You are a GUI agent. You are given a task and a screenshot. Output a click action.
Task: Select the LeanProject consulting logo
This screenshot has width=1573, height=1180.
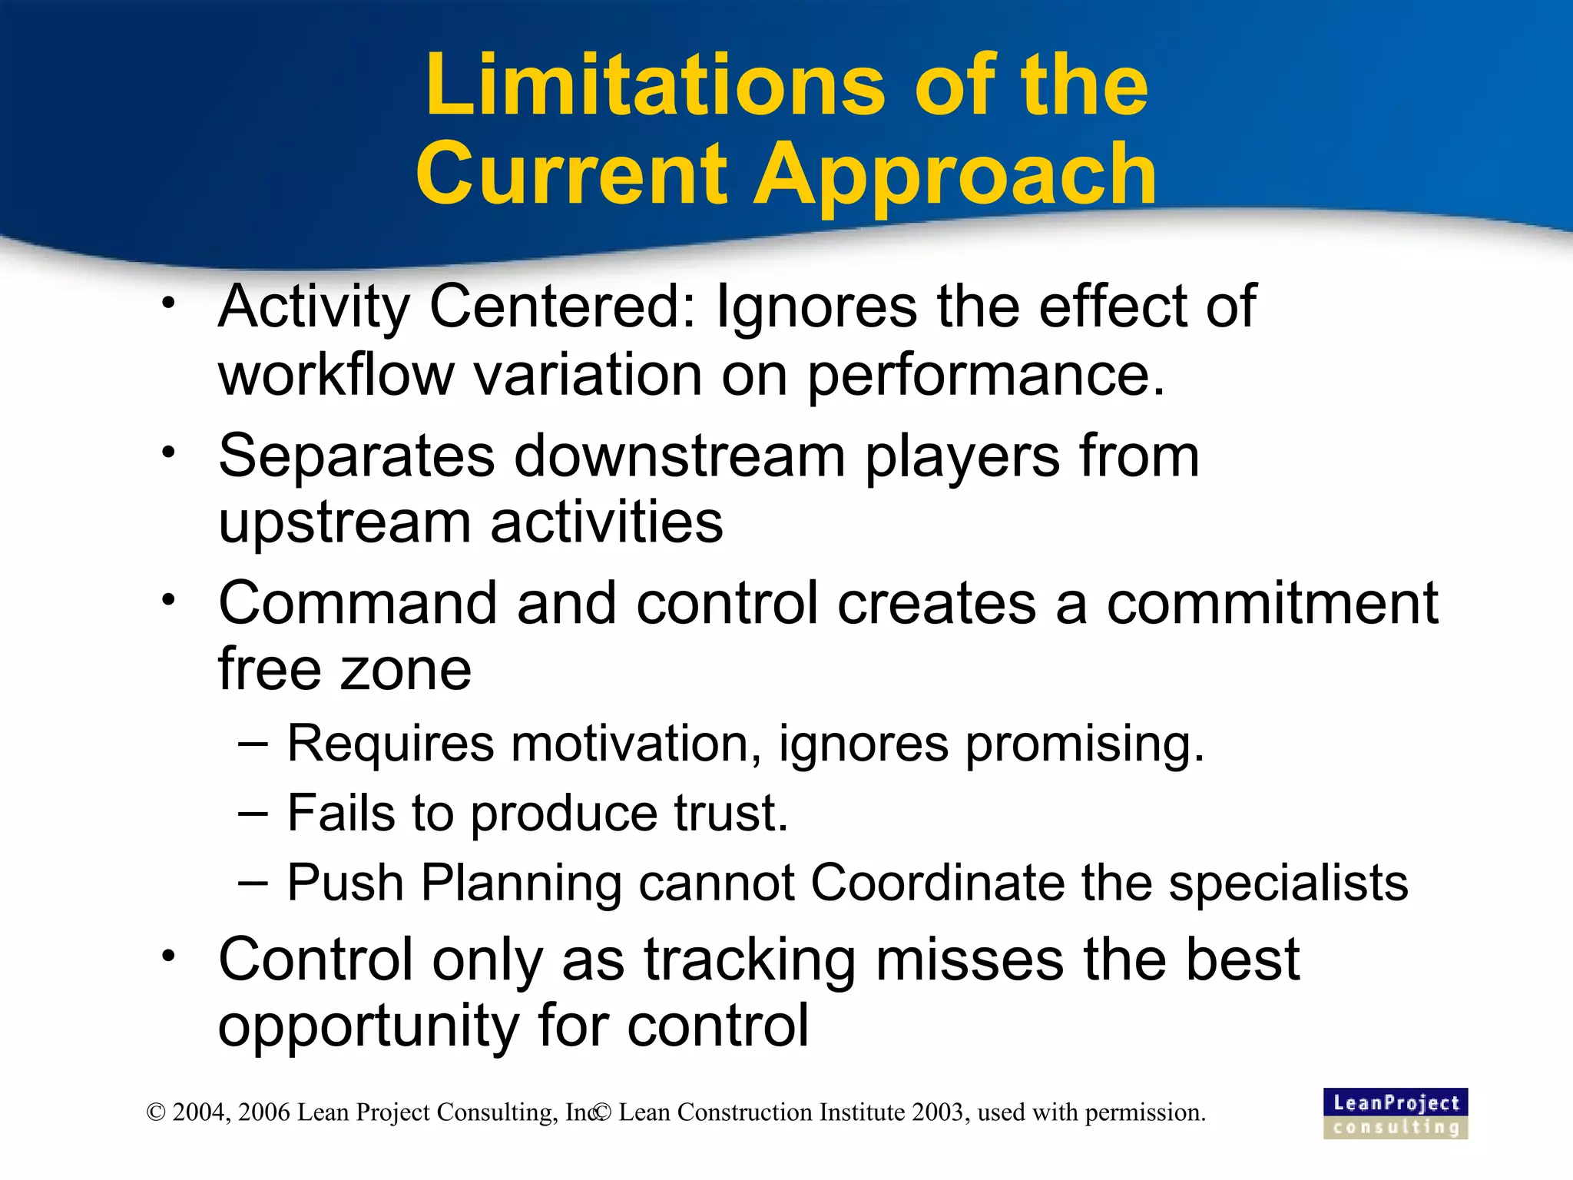point(1395,1113)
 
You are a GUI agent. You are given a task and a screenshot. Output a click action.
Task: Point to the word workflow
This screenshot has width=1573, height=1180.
point(336,375)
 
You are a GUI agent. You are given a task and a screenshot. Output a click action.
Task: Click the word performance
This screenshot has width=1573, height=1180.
point(985,376)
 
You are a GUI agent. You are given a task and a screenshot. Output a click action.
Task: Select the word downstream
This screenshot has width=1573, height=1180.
point(679,456)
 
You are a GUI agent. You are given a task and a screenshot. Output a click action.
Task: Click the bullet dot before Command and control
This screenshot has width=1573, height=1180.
point(169,599)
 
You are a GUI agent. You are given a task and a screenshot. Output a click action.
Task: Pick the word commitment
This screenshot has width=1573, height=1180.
point(1272,603)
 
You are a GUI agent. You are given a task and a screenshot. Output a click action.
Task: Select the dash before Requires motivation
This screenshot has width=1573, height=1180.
point(253,744)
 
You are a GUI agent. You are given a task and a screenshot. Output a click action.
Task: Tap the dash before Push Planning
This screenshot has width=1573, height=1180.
point(253,882)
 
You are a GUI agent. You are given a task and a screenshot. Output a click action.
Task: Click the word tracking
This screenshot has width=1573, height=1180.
point(750,960)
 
